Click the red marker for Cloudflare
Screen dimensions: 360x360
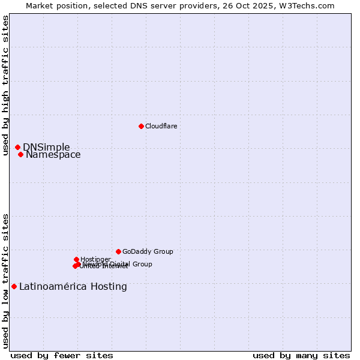pos(141,126)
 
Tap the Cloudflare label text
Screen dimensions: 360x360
pos(161,126)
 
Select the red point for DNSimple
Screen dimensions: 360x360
pos(17,147)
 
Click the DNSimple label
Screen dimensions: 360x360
pos(46,148)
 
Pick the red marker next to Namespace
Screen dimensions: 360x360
pos(20,154)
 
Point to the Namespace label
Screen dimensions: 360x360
pos(53,155)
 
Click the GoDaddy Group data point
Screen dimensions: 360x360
pos(118,251)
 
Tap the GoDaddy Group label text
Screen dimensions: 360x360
pos(148,252)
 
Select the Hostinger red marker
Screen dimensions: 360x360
pos(76,259)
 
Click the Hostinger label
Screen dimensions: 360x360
pos(95,259)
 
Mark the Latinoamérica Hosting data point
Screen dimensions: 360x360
pos(14,286)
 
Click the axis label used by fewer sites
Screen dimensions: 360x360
pos(62,356)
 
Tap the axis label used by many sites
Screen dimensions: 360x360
pos(301,356)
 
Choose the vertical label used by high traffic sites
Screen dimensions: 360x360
pos(6,86)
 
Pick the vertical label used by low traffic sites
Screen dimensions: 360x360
pos(6,281)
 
